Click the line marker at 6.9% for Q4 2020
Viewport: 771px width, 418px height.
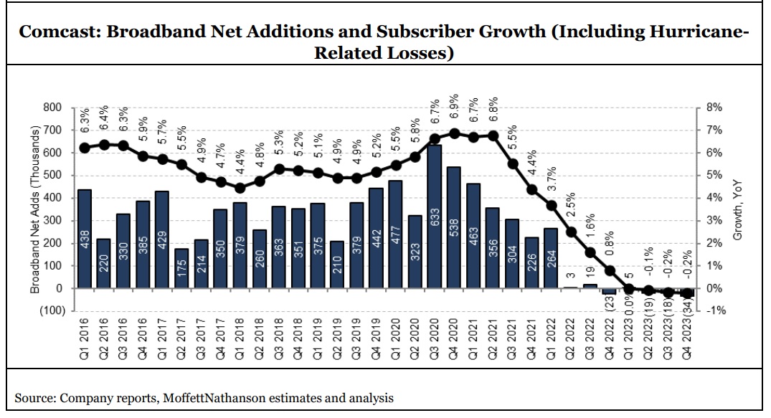454,133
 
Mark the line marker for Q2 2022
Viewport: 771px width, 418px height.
571,232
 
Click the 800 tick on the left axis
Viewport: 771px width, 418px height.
54,108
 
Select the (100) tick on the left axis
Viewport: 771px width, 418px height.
50,311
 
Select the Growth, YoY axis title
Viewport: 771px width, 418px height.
738,209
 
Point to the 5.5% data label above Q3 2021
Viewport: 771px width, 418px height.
512,138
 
